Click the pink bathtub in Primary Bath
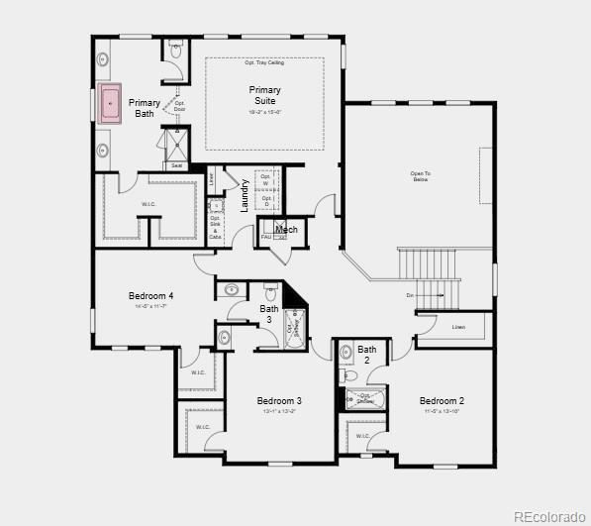pos(109,102)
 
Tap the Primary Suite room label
pos(264,95)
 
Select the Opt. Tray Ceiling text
pos(264,62)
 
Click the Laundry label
pos(245,195)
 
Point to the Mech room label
pos(286,230)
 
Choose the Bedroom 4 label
pos(150,296)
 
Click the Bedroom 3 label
pos(279,401)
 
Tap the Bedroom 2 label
pos(443,401)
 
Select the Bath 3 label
pos(269,314)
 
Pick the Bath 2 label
pos(367,355)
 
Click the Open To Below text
pos(420,176)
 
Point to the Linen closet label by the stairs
pos(458,327)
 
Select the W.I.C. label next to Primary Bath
pos(148,205)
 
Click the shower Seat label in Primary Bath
pos(176,165)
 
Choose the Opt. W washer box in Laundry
pos(265,180)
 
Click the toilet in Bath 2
pos(346,375)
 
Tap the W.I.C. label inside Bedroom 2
pos(362,435)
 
